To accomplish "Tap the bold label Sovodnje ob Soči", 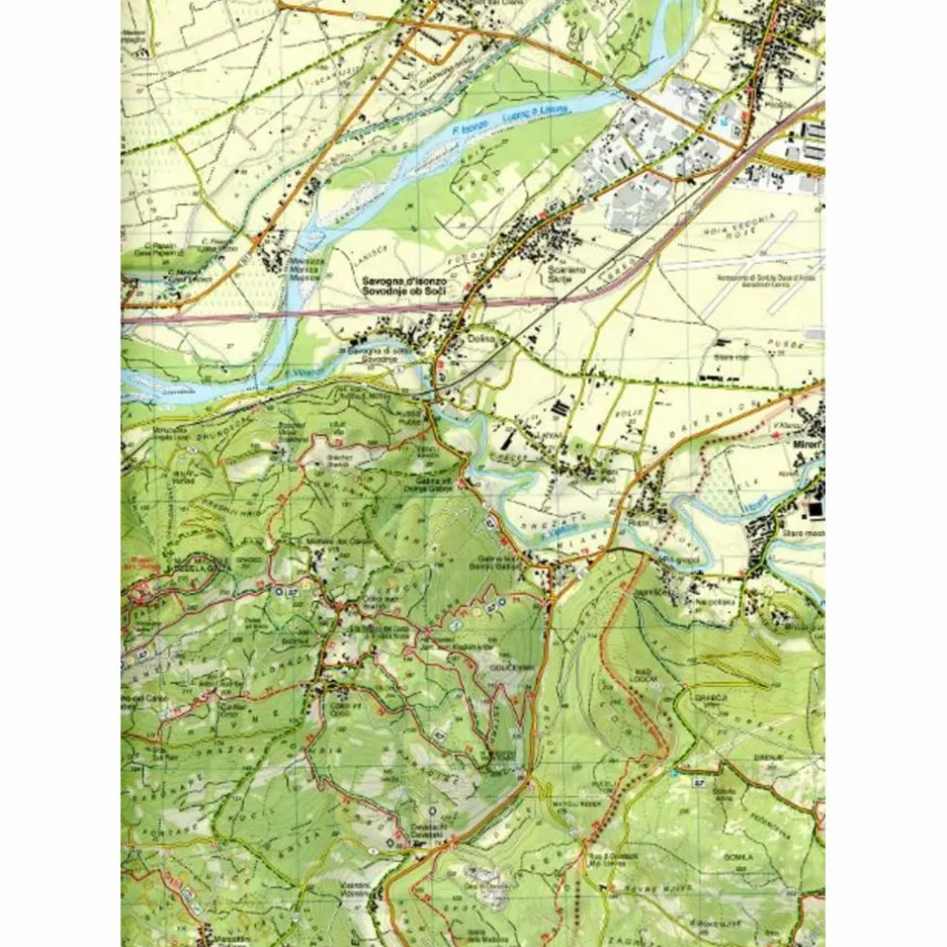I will [403, 291].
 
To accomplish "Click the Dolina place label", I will [478, 339].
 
